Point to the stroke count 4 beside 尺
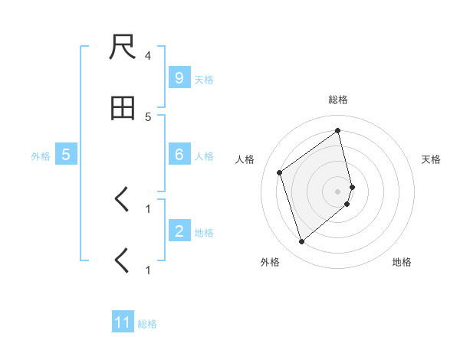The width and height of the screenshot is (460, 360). tap(148, 56)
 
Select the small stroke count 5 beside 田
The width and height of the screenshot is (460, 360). tap(148, 116)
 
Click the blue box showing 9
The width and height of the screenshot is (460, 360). tap(179, 78)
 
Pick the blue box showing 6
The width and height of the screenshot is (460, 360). tap(179, 155)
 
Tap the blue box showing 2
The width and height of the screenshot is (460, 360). tap(179, 231)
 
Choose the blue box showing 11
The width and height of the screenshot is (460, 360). tap(123, 322)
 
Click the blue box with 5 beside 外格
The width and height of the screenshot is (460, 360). tap(66, 155)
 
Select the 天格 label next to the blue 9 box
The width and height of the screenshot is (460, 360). tap(204, 79)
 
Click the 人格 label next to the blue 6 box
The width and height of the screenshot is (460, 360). tap(204, 155)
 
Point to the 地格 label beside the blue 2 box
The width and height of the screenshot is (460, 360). tap(204, 232)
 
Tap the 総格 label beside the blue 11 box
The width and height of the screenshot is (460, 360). tap(147, 323)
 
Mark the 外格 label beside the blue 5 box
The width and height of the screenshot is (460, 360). tap(41, 155)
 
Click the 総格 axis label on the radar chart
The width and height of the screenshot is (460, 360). tap(338, 100)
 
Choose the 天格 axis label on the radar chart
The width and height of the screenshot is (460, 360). tap(431, 159)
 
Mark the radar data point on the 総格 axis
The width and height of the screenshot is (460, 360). tap(338, 130)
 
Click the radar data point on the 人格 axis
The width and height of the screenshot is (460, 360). tap(280, 172)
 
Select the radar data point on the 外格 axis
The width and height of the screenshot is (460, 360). tap(301, 242)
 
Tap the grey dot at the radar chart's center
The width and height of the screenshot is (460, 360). tap(338, 191)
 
